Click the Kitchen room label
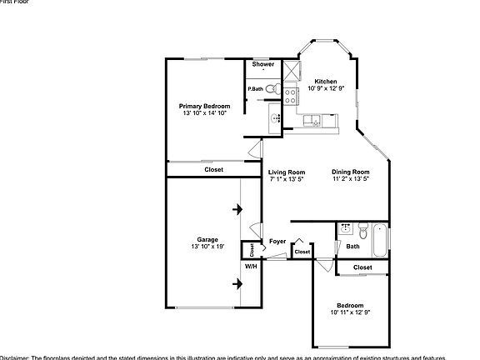325,81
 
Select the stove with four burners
291,95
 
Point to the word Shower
263,64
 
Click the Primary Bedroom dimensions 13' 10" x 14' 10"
204,113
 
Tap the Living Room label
286,172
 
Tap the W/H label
250,267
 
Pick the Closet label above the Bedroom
362,267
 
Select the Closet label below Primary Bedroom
213,169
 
